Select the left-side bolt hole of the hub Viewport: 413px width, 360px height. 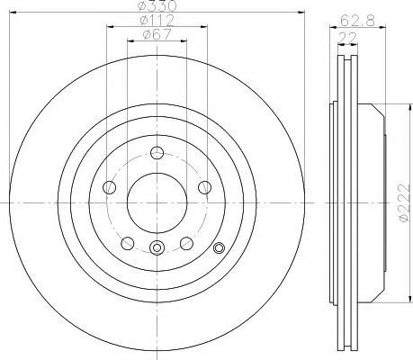[x=111, y=187]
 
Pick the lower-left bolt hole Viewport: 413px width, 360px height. [x=128, y=242]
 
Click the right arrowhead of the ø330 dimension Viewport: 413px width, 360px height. [x=304, y=14]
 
